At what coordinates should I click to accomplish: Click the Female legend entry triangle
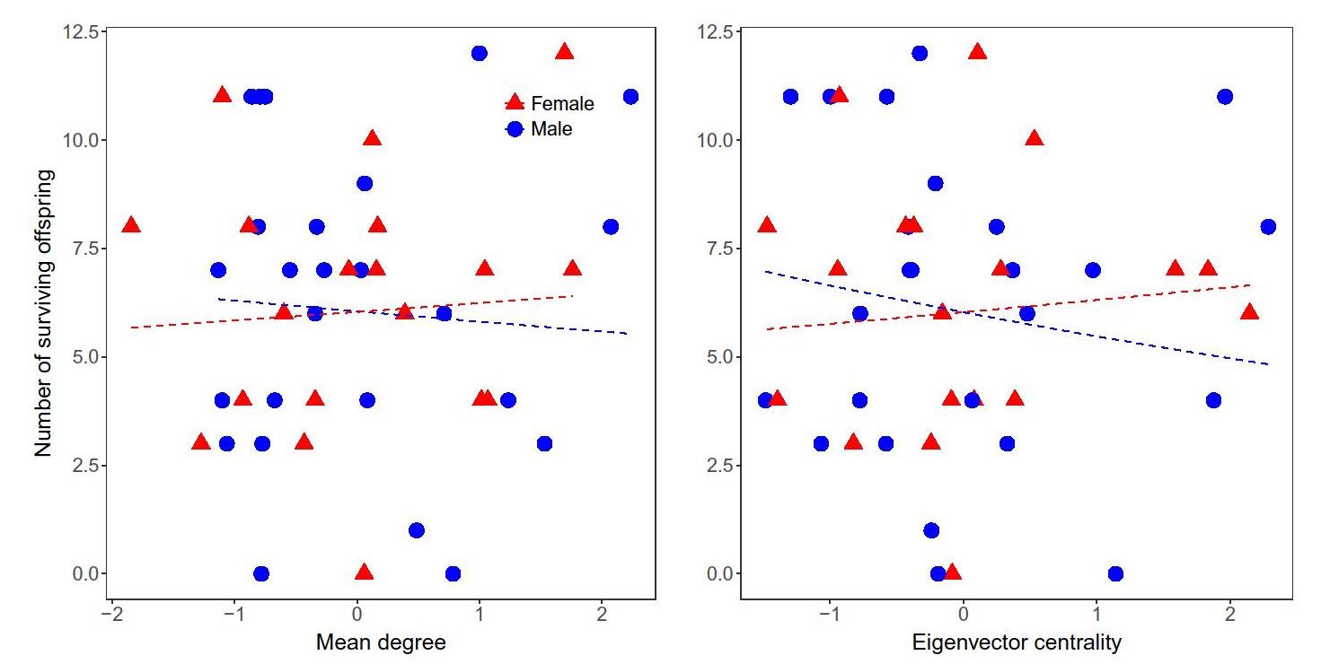(515, 103)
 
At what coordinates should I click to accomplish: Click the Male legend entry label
(551, 129)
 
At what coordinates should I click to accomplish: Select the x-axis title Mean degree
(381, 642)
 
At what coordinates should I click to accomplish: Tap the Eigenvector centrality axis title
(1017, 642)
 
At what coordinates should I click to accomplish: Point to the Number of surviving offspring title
(44, 313)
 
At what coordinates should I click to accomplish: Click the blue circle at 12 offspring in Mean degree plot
(480, 53)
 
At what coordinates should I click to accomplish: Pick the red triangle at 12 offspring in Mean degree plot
(564, 52)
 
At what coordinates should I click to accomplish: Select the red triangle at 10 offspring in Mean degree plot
(372, 138)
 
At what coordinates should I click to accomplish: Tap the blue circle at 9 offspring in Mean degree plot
(365, 183)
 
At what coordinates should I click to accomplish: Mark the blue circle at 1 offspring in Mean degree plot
(416, 530)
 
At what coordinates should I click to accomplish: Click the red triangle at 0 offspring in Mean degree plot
(364, 572)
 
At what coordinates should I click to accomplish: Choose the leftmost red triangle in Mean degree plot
(131, 224)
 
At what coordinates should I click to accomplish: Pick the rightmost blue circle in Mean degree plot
(630, 96)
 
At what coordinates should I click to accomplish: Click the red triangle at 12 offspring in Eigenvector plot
(977, 52)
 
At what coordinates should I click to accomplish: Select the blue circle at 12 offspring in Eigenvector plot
(920, 53)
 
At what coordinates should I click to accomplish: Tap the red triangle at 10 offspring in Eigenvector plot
(1034, 138)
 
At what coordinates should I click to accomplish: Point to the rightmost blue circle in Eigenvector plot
(1268, 226)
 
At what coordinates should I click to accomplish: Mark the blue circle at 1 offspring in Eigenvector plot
(931, 530)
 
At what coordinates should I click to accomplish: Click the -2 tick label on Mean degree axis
(112, 618)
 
